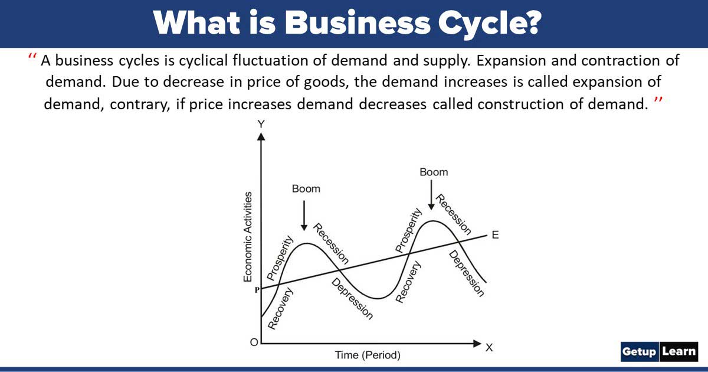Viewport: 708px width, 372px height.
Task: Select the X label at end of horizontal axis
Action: tap(489, 348)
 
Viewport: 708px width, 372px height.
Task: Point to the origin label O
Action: tap(253, 343)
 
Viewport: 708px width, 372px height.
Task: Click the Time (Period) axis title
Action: tap(368, 355)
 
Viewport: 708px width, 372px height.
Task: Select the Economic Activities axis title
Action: tap(248, 236)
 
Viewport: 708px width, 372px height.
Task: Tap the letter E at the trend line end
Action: tap(495, 235)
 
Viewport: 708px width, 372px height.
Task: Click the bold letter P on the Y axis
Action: tap(257, 290)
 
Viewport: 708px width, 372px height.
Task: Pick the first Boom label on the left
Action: tap(306, 189)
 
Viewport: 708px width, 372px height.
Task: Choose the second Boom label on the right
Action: tap(434, 172)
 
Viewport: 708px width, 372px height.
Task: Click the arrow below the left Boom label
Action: tap(304, 215)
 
